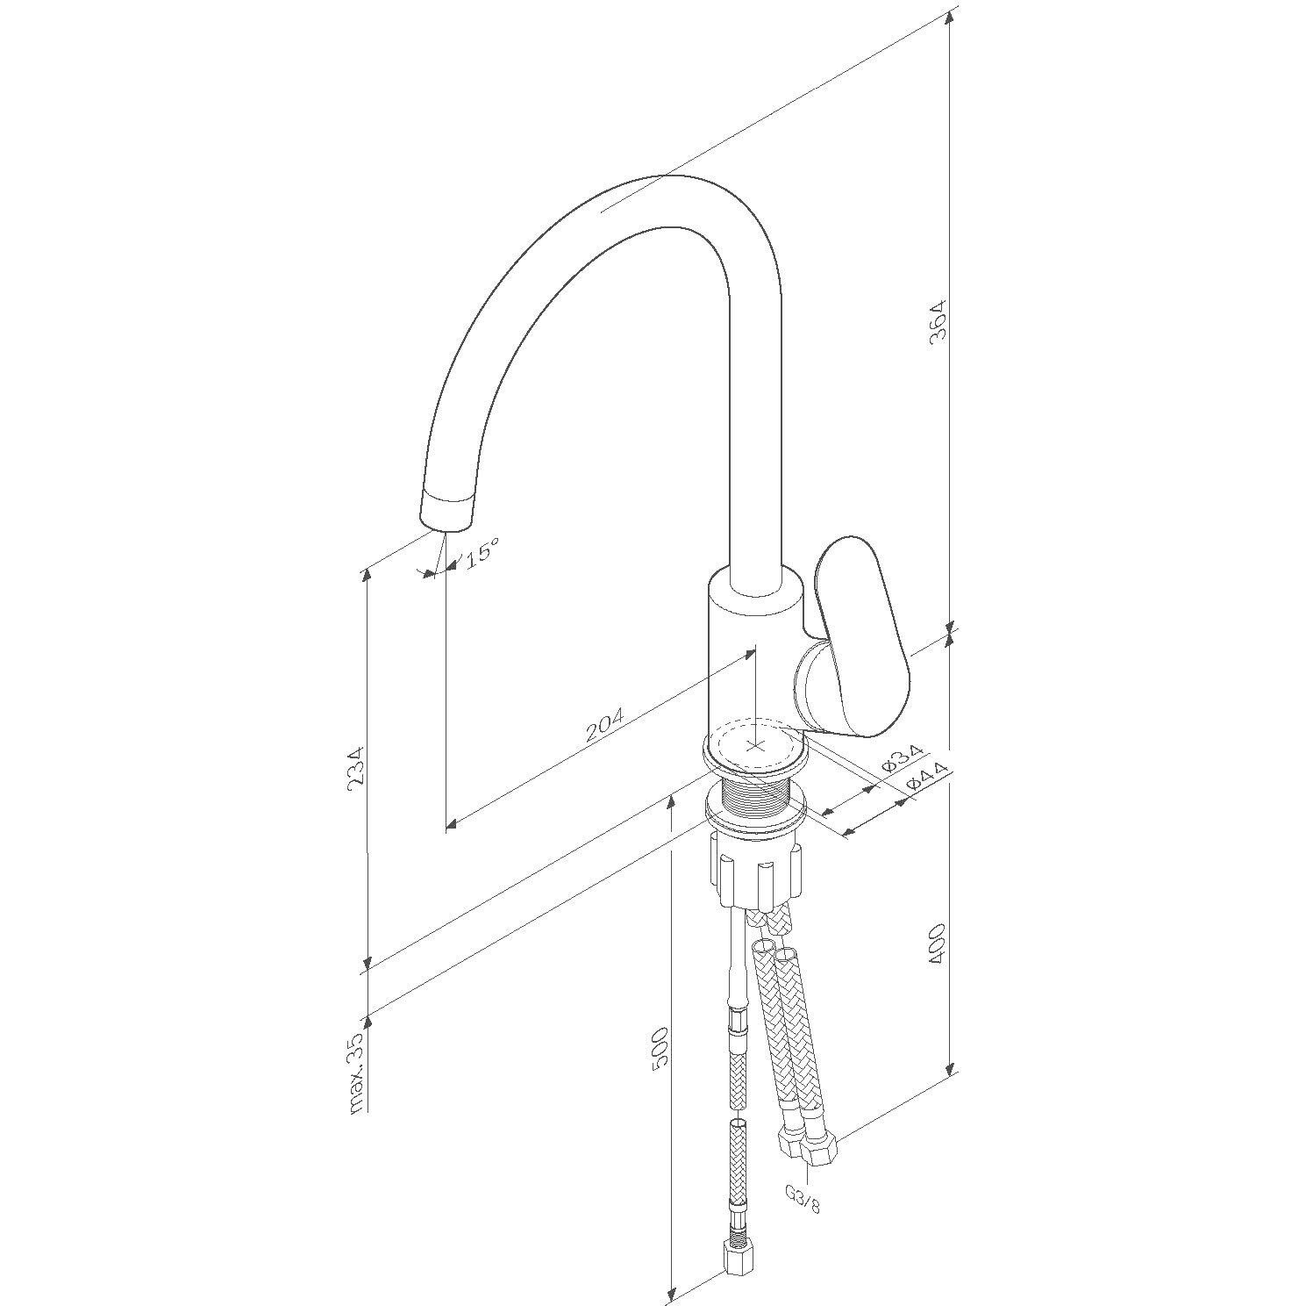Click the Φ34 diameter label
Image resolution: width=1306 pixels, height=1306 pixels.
(902, 757)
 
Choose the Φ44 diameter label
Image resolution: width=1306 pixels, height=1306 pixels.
(927, 775)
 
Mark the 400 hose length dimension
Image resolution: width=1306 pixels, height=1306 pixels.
(938, 944)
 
